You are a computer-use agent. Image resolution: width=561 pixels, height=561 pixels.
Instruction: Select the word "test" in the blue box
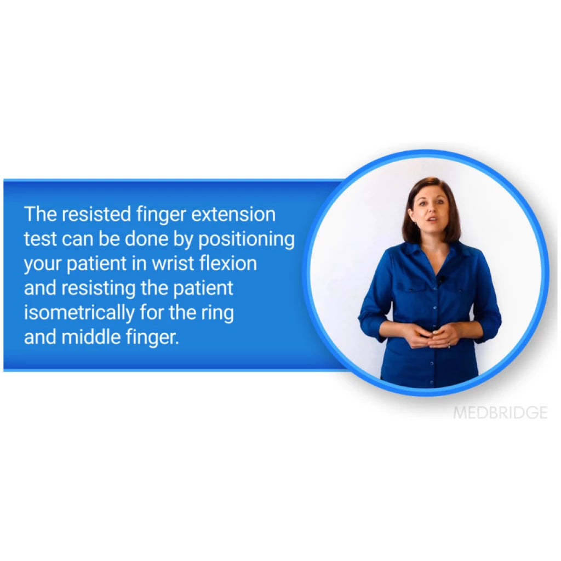point(39,239)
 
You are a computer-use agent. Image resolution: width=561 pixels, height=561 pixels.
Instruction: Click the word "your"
point(43,264)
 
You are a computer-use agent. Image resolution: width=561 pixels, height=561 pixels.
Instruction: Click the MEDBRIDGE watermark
point(500,413)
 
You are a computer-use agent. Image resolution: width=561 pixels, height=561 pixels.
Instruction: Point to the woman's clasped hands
point(432,335)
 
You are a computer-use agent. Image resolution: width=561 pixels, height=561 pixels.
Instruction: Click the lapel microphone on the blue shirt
point(441,280)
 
